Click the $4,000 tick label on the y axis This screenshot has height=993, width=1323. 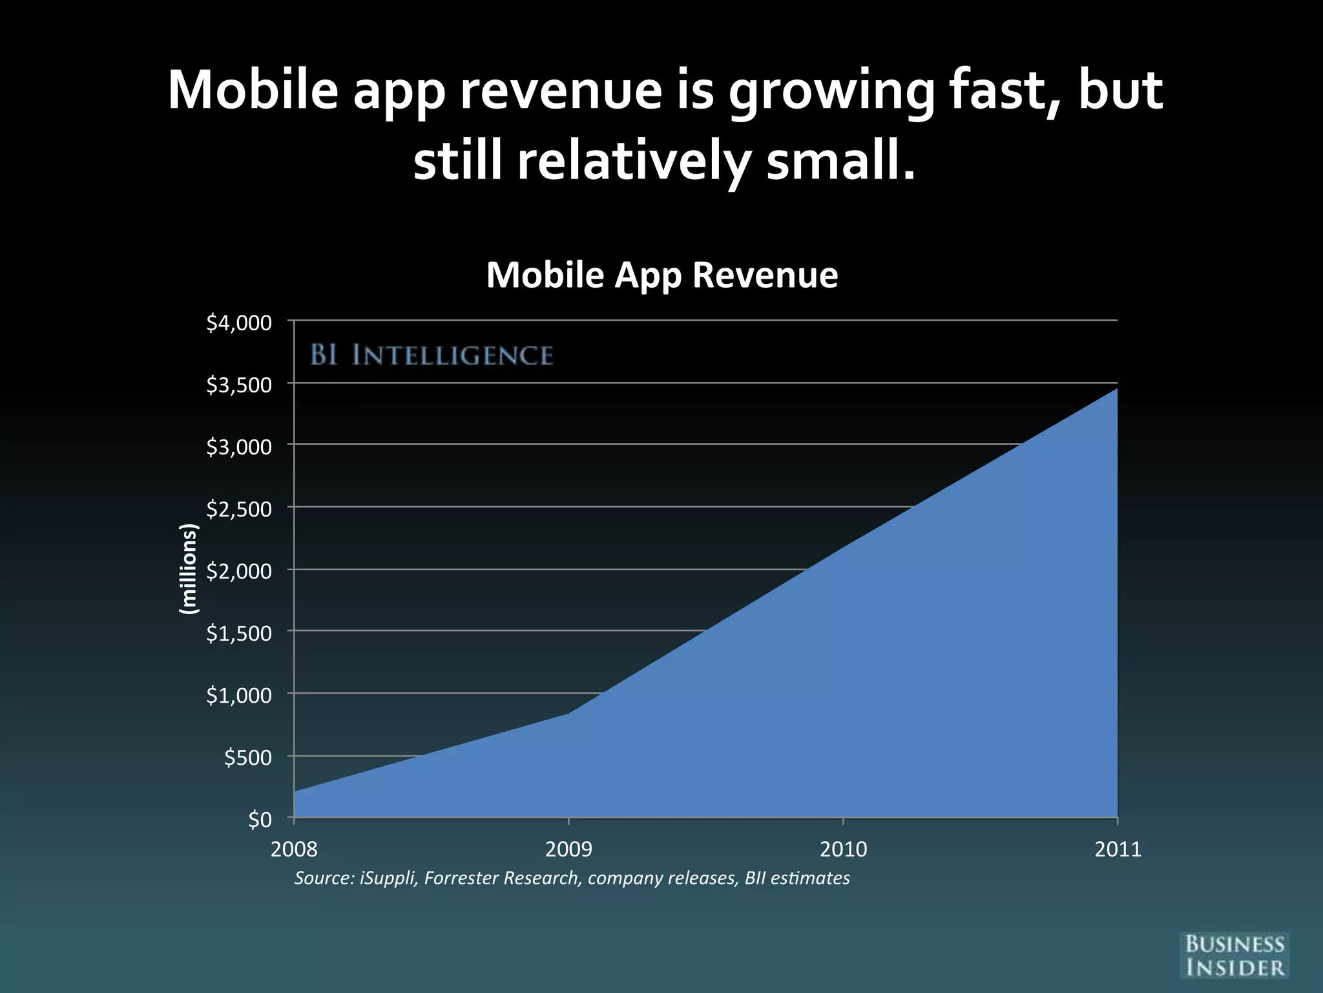point(239,323)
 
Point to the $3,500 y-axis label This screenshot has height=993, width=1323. point(239,385)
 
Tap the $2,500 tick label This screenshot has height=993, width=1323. point(239,509)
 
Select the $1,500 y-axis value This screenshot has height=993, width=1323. point(239,633)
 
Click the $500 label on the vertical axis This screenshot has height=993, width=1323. point(247,757)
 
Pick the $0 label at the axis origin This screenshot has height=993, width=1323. point(260,819)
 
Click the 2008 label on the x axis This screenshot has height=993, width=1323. point(294,849)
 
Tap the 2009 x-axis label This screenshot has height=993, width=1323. point(568,849)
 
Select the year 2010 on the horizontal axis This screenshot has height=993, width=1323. point(843,849)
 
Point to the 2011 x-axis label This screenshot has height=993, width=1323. point(1118,849)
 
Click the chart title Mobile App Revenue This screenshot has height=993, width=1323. point(661,275)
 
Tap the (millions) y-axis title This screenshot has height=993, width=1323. point(188,569)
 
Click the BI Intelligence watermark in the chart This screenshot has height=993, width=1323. point(432,356)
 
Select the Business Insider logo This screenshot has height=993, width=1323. point(1234,956)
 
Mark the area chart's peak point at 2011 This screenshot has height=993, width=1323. point(1117,389)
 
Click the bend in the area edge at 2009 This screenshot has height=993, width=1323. point(569,712)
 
